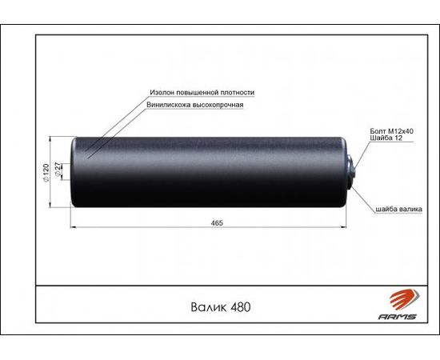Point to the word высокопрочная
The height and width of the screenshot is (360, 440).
[x=218, y=105]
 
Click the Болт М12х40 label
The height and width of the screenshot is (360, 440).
[x=392, y=131]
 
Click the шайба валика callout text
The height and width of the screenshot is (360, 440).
[x=398, y=209]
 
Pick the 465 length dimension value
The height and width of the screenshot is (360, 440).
[x=217, y=222]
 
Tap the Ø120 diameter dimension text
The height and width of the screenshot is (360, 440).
[x=46, y=173]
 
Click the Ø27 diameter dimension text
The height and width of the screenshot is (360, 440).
[x=58, y=169]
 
